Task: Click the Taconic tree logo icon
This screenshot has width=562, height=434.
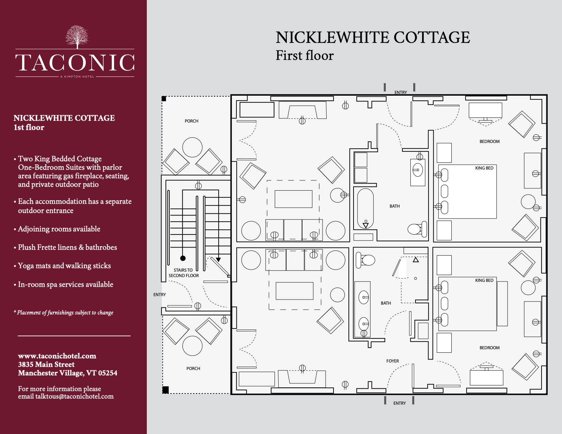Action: tap(77, 37)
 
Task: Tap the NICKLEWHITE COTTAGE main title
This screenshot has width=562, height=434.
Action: tap(373, 37)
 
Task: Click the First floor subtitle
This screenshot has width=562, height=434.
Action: tap(305, 55)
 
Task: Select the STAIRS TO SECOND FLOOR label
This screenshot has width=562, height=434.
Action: tap(184, 273)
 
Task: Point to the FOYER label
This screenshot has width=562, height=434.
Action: tap(392, 361)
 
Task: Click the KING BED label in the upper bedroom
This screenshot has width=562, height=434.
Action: tap(484, 168)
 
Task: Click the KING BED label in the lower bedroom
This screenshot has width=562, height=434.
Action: tap(484, 280)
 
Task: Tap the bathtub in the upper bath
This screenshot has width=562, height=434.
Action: tap(365, 208)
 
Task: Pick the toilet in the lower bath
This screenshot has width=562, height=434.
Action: tap(366, 260)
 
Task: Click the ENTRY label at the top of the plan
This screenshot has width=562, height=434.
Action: tap(401, 93)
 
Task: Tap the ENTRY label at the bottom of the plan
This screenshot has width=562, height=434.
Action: tap(400, 403)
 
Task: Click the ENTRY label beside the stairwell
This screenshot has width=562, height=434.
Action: tap(159, 295)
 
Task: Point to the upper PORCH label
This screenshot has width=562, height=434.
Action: tap(191, 121)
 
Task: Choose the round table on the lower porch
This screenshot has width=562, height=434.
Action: tap(192, 346)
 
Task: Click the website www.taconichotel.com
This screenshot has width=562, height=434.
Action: tap(57, 356)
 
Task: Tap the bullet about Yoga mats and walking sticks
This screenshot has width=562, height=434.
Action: tap(64, 266)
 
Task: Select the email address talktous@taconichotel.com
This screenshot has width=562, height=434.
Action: tap(75, 397)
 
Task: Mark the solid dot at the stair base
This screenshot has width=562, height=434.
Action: tap(183, 258)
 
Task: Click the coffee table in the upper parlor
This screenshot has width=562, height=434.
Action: tap(293, 199)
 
